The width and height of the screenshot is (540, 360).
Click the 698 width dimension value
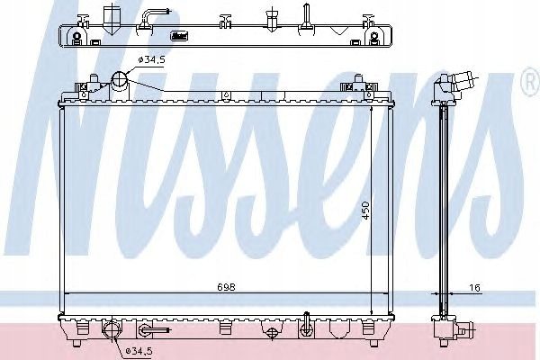(226, 286)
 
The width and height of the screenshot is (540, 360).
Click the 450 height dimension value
(365, 211)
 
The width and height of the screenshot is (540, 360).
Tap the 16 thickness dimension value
(475, 287)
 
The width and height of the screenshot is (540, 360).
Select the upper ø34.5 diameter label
(151, 59)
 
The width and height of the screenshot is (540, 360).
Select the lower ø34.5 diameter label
(139, 351)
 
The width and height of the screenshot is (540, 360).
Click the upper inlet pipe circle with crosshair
(120, 79)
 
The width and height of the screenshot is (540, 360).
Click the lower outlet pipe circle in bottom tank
(112, 328)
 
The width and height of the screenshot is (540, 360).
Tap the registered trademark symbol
(531, 81)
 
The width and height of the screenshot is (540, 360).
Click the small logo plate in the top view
(179, 35)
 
